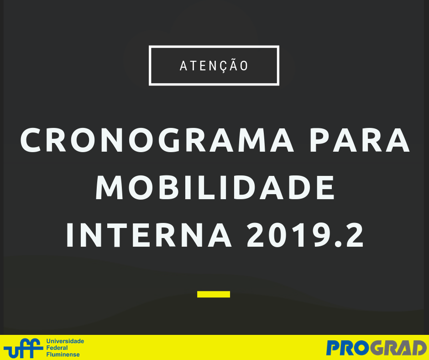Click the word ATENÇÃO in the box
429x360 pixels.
tap(214, 66)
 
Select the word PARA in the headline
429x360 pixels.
tap(360, 140)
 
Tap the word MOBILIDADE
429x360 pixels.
tap(215, 188)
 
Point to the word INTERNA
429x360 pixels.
tap(149, 235)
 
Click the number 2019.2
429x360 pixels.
tap(305, 235)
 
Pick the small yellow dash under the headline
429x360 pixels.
tap(214, 294)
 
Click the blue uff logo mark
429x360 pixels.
tap(23, 348)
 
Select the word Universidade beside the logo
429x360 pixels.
tap(65, 341)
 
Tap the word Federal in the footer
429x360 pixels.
tap(57, 348)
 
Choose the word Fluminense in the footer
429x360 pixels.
tap(63, 355)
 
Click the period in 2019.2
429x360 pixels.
tap(338, 244)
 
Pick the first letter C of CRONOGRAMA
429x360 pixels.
tap(31, 140)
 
